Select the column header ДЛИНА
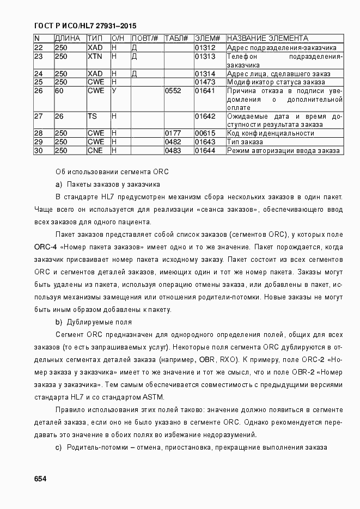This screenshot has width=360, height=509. [x=68, y=39]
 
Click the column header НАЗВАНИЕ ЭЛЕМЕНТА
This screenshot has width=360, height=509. [x=267, y=39]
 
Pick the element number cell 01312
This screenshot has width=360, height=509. [x=205, y=48]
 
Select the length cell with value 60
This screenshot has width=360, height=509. [x=59, y=91]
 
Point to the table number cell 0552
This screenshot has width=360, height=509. [x=173, y=91]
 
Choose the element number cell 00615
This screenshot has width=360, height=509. [x=205, y=133]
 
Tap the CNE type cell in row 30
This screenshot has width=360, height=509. [x=95, y=150]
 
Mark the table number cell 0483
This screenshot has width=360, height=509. [x=173, y=150]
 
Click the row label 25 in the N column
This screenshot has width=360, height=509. [x=39, y=82]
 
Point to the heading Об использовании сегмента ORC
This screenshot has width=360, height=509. [x=112, y=172]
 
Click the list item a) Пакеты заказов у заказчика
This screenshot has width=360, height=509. [x=107, y=184]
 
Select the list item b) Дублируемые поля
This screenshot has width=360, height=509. [x=94, y=322]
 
